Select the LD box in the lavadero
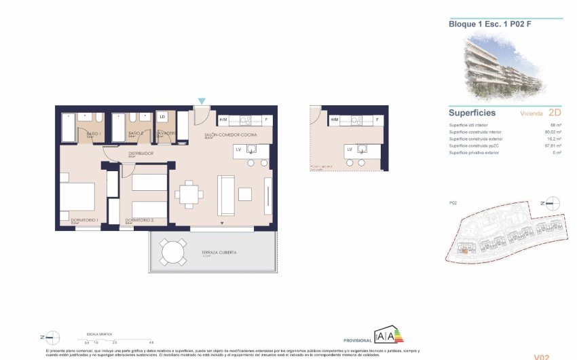click(x=162, y=117)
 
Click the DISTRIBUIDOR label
click(x=141, y=154)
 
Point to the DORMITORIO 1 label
click(x=85, y=220)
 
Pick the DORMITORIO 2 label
click(x=139, y=220)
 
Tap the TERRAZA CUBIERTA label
click(x=219, y=253)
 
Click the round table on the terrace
click(x=173, y=253)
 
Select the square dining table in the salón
click(x=188, y=196)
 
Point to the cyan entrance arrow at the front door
click(x=201, y=102)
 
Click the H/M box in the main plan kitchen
click(x=223, y=120)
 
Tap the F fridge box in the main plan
click(x=266, y=120)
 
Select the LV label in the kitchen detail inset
click(x=350, y=149)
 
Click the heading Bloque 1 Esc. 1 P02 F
click(x=480, y=24)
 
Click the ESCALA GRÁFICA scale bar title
click(x=98, y=335)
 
